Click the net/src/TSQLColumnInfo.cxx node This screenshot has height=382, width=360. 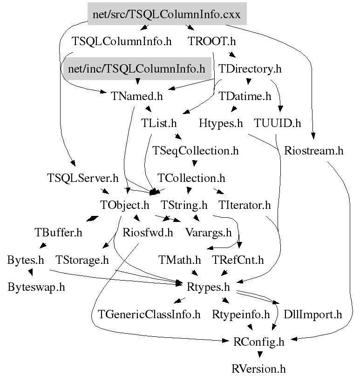167,14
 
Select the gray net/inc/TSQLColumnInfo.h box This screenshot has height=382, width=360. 136,69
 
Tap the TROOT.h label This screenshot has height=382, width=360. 213,41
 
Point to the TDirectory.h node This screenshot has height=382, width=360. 251,69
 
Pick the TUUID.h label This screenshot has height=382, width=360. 278,123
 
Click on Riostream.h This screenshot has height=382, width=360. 313,151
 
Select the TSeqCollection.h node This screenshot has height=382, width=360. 196,151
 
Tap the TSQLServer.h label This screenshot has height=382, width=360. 83,178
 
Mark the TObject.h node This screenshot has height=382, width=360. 125,205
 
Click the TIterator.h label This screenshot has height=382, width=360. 245,205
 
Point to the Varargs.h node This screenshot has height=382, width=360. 208,232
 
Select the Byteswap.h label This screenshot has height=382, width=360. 36,287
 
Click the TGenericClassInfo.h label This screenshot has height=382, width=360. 149,315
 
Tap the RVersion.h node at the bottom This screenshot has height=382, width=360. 258,369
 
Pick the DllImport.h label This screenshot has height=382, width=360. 313,315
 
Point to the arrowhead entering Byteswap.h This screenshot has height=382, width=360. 31,273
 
